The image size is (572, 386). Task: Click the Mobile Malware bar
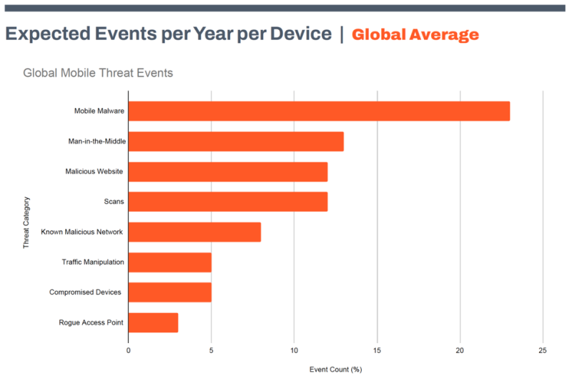319,111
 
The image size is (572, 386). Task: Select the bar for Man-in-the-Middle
236,142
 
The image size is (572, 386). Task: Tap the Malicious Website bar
227,172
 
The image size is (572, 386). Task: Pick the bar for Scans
227,202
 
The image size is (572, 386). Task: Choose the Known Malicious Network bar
194,232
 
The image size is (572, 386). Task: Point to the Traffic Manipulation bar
169,262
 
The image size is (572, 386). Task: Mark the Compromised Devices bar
169,292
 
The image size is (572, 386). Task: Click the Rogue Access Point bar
153,322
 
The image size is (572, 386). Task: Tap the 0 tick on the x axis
129,350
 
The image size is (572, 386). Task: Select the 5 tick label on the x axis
212,350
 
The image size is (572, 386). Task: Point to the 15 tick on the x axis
378,350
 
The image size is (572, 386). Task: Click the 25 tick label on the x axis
543,350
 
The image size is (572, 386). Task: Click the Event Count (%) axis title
336,369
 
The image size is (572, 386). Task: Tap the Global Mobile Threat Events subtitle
98,73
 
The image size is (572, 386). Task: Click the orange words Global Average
415,34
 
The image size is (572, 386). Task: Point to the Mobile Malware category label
99,112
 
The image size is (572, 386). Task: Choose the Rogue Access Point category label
91,323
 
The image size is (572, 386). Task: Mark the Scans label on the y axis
114,202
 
